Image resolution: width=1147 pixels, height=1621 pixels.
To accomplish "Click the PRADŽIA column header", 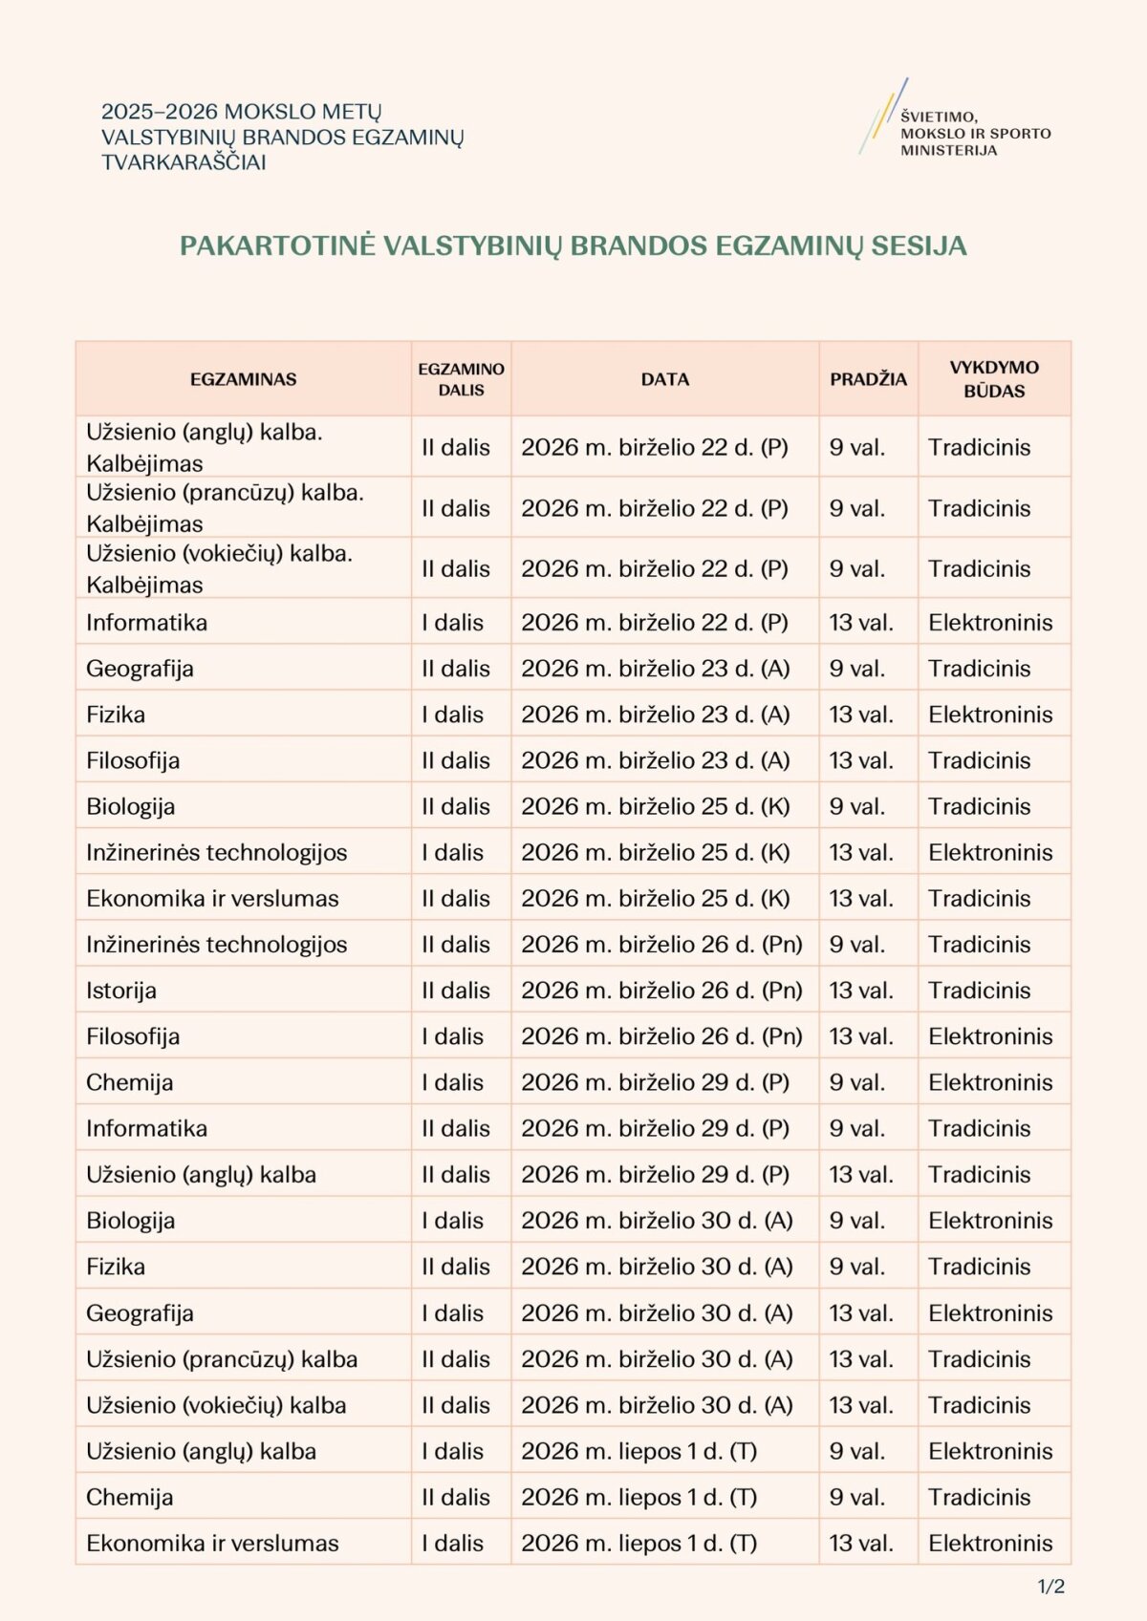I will coord(868,379).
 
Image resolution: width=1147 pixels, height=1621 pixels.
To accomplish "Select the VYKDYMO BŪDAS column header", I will coord(994,379).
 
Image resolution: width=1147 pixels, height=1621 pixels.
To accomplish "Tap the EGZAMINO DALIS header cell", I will coord(461,379).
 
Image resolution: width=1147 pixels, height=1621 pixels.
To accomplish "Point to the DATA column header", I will coord(665,379).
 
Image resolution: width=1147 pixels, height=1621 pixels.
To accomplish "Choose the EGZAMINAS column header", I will coord(243,379).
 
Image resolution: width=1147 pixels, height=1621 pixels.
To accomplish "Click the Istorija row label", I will coord(121,991).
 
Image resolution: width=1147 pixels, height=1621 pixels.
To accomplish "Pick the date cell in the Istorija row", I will coord(661,991).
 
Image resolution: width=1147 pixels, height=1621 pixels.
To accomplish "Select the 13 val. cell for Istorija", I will coord(861,991).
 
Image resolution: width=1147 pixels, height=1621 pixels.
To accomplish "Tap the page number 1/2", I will coord(1051,1587).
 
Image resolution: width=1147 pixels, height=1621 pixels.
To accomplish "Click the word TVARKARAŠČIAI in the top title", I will coord(184,162).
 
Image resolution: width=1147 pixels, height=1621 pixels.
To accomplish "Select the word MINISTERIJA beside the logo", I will coord(948,150).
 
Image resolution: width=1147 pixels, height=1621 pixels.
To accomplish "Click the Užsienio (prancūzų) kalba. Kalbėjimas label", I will coord(225,508).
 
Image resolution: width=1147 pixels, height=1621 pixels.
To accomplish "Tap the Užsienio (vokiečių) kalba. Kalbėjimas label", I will coord(219,568).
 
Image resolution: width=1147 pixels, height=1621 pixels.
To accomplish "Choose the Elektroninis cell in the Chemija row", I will coord(990,1082).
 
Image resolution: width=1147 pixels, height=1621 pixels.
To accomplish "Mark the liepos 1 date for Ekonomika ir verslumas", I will coord(638,1543).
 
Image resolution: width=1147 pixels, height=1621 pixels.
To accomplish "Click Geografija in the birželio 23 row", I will coord(140,669).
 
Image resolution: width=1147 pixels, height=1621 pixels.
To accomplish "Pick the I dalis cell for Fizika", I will coord(452,715).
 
